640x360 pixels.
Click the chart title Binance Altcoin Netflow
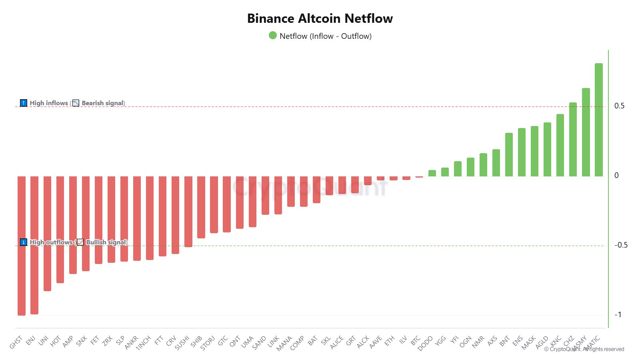320,18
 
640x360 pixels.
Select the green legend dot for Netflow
273,36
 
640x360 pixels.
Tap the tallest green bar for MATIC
598,120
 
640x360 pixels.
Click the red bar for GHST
22,246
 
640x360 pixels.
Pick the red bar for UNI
47,234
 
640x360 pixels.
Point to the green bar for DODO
432,173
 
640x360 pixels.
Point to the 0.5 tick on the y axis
619,106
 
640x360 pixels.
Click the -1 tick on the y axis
618,315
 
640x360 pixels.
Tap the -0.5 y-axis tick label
621,245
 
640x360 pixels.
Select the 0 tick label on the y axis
616,176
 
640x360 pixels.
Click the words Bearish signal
103,103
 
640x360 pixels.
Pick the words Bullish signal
106,242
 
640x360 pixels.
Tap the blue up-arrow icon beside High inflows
24,103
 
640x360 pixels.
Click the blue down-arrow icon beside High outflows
24,242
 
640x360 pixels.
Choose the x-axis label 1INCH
143,342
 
